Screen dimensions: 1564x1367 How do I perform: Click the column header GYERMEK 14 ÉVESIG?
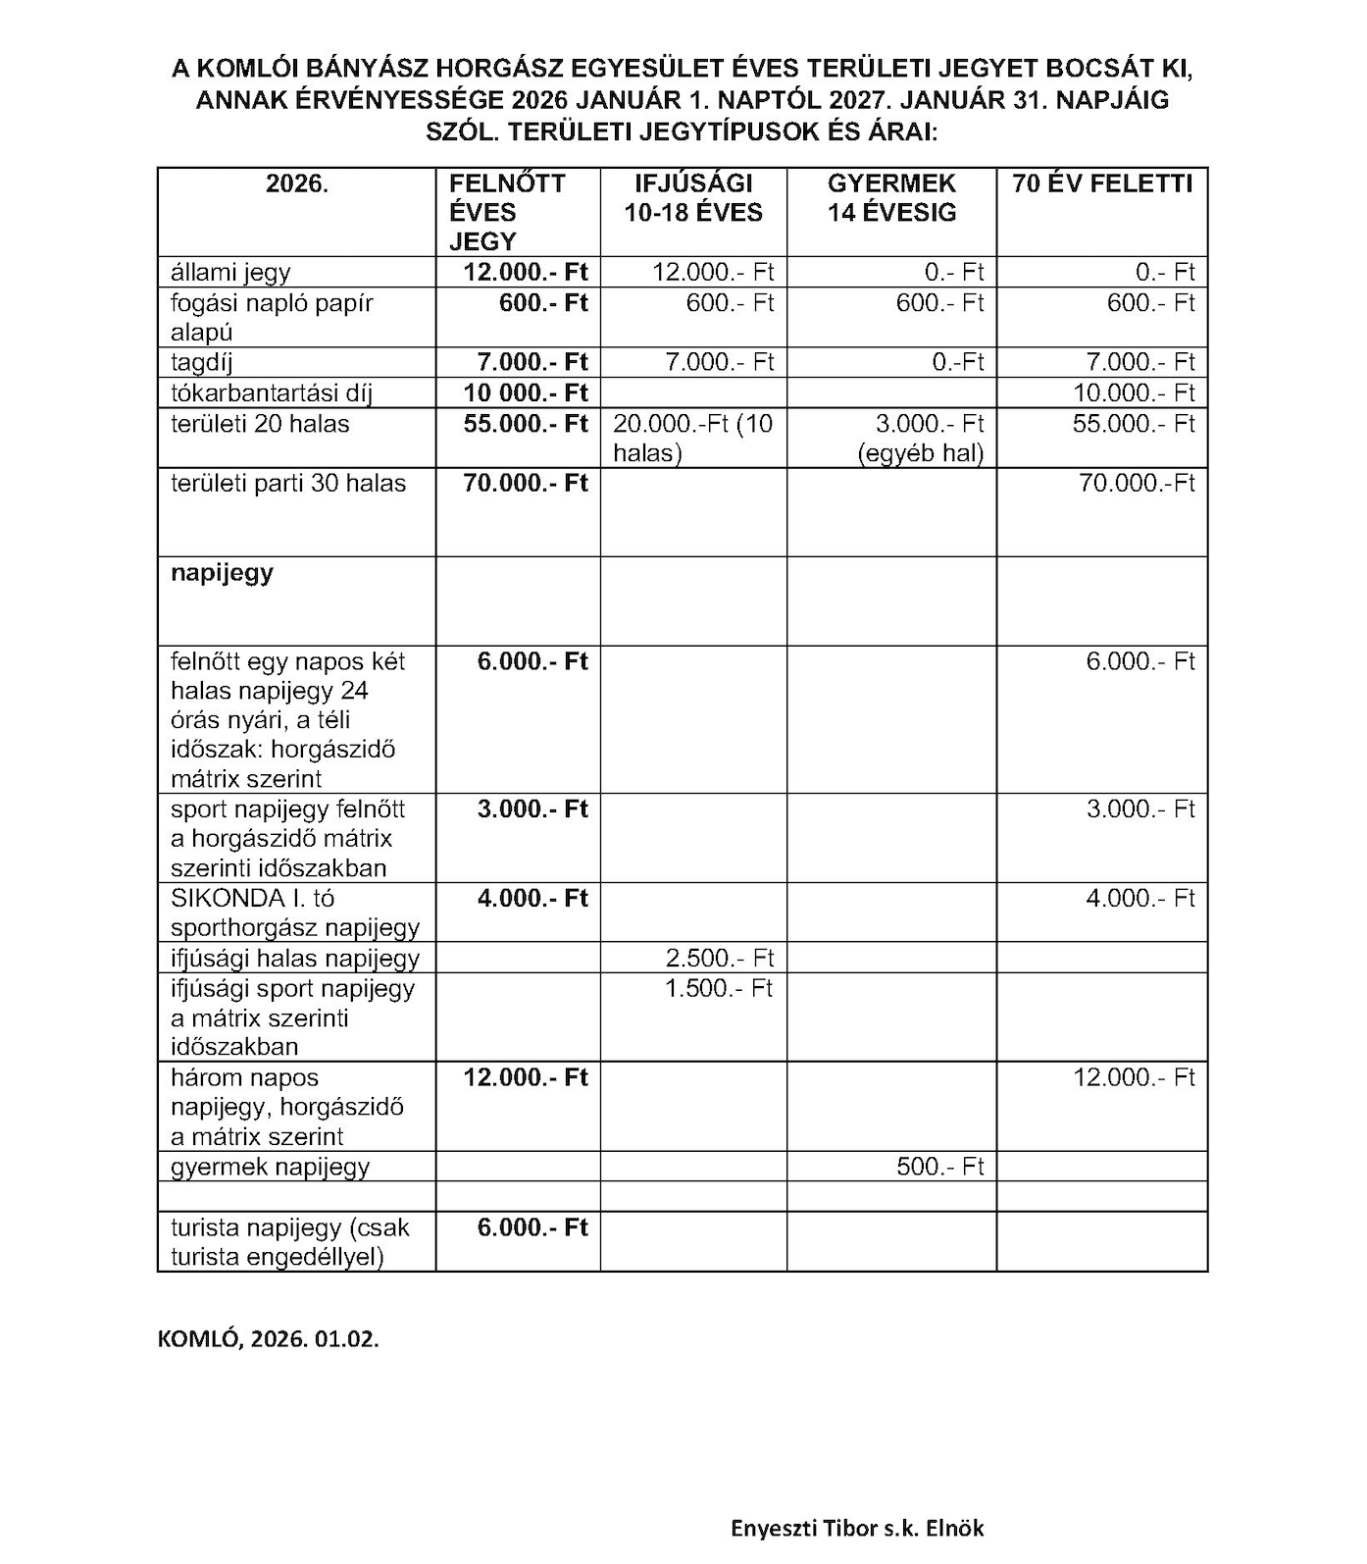891,198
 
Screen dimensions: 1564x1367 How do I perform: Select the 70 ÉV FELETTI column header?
1102,184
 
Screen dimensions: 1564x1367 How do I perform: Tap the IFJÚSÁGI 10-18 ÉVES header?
693,198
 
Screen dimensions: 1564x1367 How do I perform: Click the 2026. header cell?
296,184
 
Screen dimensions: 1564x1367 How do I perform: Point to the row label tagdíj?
202,362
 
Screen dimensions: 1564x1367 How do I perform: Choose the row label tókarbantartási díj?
271,393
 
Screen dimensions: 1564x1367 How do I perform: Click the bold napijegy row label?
223,573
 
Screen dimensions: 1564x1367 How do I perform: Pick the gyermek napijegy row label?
270,1167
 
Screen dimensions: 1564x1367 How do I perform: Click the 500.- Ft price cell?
939,1167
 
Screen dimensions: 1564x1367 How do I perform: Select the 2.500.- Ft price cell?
719,958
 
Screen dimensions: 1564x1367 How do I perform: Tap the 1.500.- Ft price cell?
719,988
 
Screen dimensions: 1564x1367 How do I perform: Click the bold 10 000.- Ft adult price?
526,393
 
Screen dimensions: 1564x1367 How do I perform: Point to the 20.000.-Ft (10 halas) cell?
692,438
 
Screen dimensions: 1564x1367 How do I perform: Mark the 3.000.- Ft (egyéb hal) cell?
920,438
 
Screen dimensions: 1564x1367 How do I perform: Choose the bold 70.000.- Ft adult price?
526,483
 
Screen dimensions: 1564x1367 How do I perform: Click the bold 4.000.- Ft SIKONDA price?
532,899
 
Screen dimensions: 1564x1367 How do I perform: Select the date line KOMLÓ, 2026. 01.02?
268,1339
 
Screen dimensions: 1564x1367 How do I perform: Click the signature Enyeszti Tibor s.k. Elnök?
856,1528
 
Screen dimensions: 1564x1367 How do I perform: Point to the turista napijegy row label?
289,1242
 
